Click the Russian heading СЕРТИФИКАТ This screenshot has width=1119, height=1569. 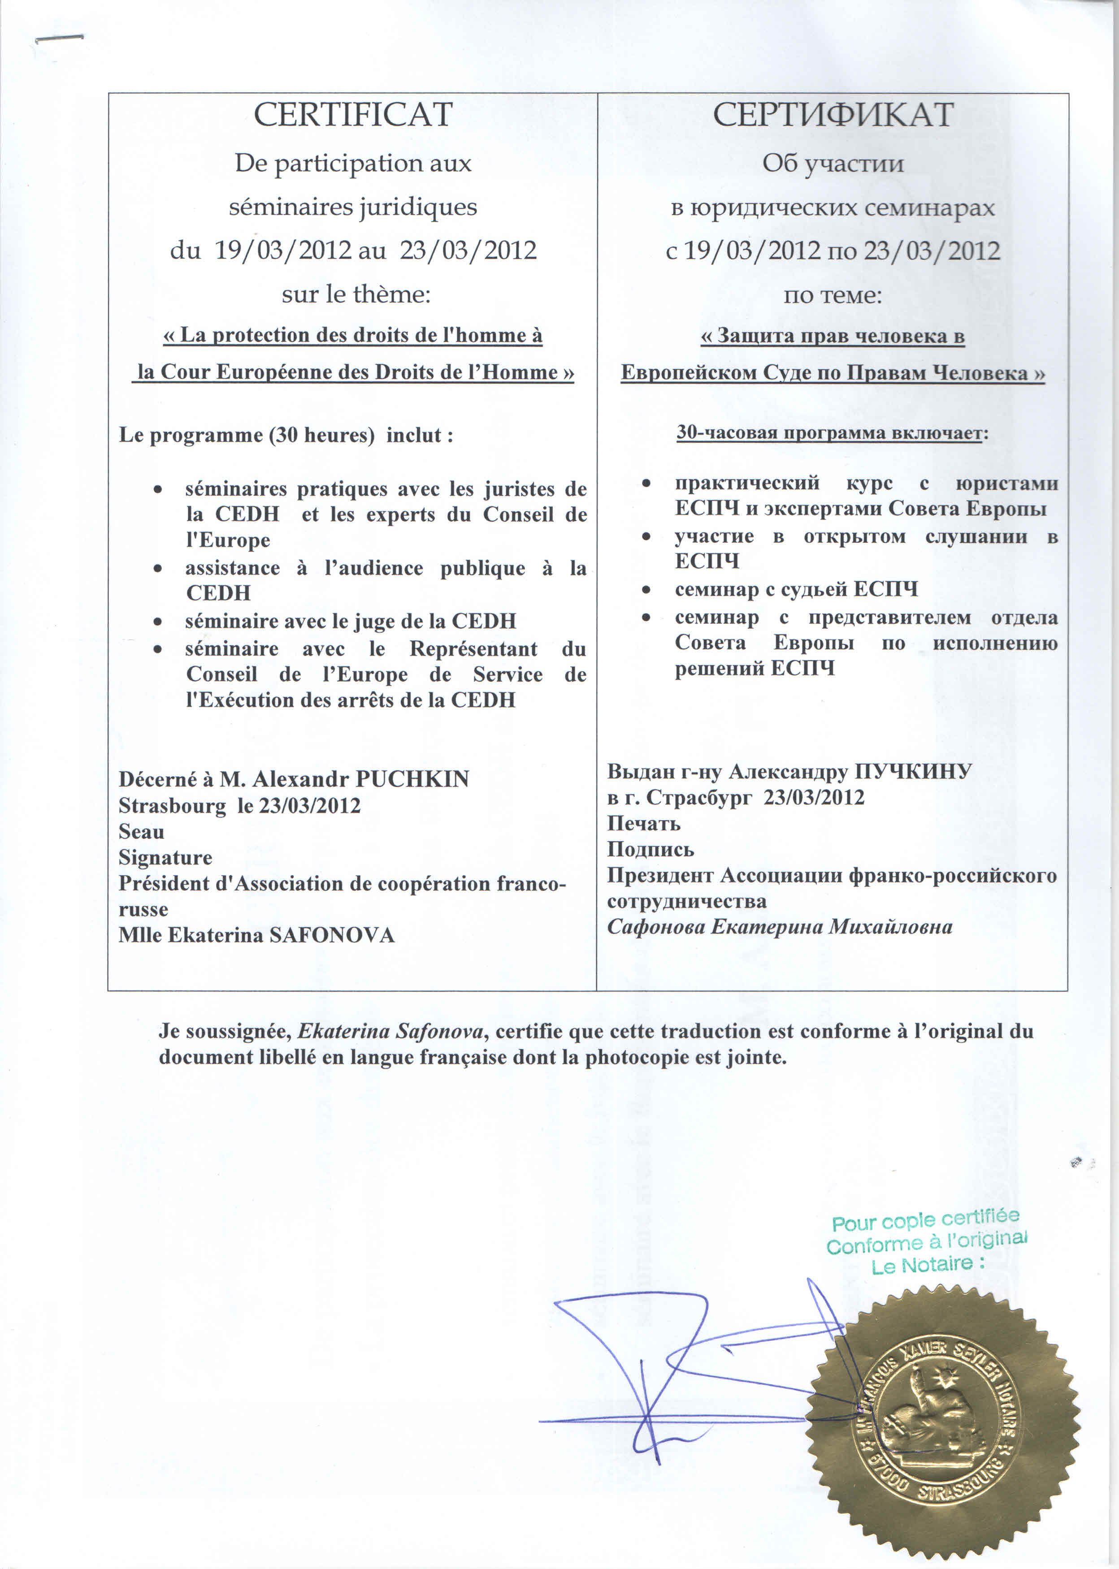pos(833,114)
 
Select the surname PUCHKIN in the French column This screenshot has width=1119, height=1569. pos(412,779)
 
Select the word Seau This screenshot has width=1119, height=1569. pos(141,831)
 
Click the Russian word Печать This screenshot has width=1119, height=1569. pos(643,823)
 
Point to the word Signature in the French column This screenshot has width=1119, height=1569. pos(165,857)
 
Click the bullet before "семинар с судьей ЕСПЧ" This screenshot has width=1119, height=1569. pos(646,590)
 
